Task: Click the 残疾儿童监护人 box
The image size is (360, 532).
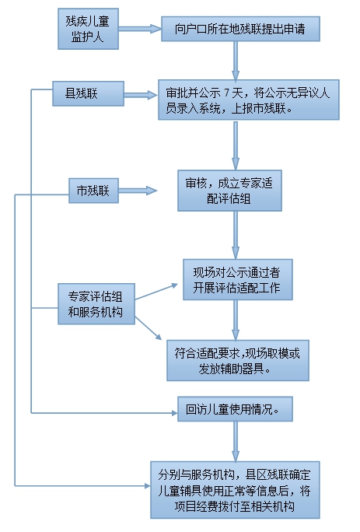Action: [88, 29]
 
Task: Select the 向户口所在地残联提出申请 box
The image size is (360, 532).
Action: [240, 29]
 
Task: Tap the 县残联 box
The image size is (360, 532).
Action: [88, 93]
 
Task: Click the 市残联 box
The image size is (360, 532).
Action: [93, 191]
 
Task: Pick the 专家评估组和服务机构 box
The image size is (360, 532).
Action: [96, 304]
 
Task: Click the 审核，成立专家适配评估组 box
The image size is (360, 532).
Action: [229, 191]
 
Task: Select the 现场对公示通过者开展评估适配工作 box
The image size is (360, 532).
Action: [238, 279]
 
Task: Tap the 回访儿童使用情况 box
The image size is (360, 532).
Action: [235, 409]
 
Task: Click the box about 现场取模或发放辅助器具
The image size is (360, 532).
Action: [238, 360]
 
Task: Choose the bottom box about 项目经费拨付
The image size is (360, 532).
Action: [235, 490]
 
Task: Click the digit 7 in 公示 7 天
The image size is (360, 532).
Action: [227, 93]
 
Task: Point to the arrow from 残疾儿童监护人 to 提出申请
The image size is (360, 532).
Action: [140, 29]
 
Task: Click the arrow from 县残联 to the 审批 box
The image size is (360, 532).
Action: [142, 95]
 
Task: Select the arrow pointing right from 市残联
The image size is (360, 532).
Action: [138, 191]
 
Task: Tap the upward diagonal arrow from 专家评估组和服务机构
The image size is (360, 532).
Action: [156, 292]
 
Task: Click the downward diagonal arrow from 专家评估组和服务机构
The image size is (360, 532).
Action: [149, 328]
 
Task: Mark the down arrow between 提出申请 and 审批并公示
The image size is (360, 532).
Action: [236, 61]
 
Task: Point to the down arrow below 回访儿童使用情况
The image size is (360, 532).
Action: [236, 442]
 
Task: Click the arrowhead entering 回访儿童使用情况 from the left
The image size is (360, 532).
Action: [175, 413]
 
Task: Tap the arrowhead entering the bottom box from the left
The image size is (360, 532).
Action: [148, 486]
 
